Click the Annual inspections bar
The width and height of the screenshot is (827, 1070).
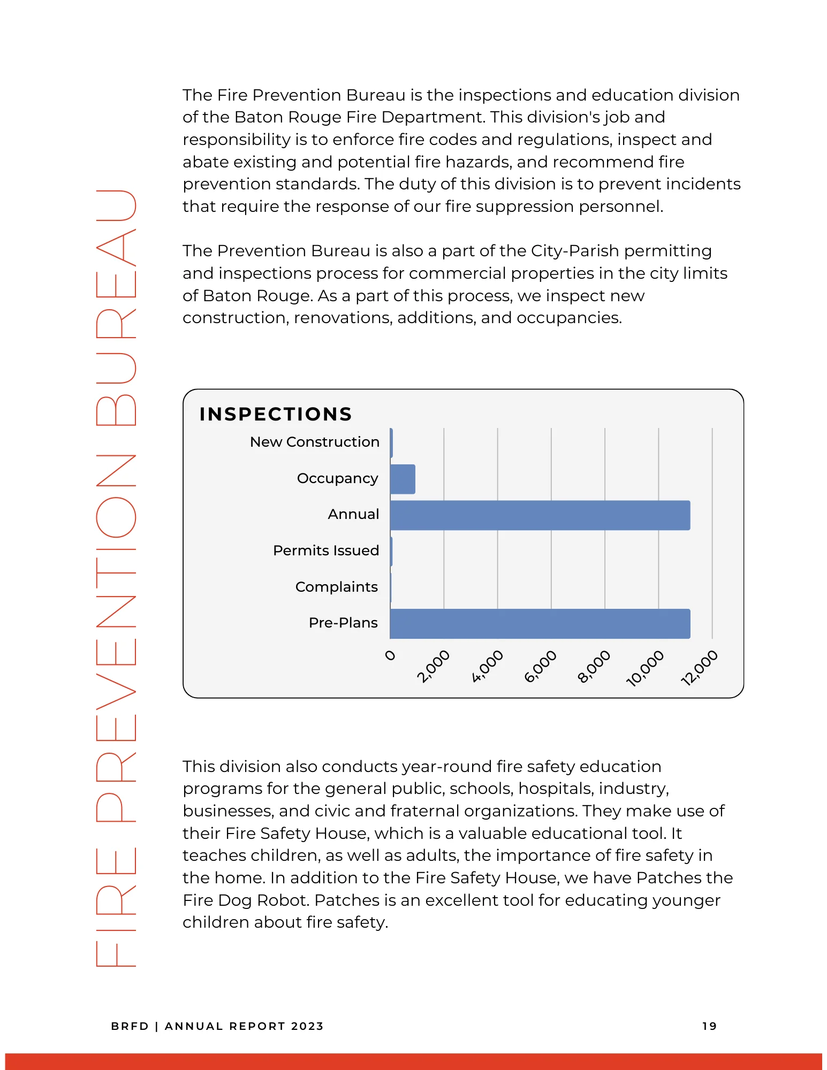click(x=540, y=515)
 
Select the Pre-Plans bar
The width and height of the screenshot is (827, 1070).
click(x=540, y=624)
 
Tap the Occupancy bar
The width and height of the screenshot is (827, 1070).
click(x=403, y=479)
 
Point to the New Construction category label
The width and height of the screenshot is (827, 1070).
click(x=314, y=442)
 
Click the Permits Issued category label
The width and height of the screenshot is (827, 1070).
click(x=325, y=551)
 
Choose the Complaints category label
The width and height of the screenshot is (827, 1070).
click(x=336, y=587)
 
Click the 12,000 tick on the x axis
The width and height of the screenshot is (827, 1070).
click(x=699, y=667)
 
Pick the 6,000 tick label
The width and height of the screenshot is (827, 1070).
click(x=540, y=667)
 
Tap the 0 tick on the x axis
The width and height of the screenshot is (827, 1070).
click(x=391, y=655)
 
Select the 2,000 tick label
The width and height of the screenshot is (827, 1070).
click(x=433, y=667)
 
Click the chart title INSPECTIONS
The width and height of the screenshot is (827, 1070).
click(x=276, y=414)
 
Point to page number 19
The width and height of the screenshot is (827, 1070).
click(x=709, y=1026)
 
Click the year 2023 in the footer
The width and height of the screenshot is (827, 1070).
click(x=307, y=1026)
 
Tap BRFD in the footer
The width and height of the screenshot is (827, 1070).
click(x=130, y=1026)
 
